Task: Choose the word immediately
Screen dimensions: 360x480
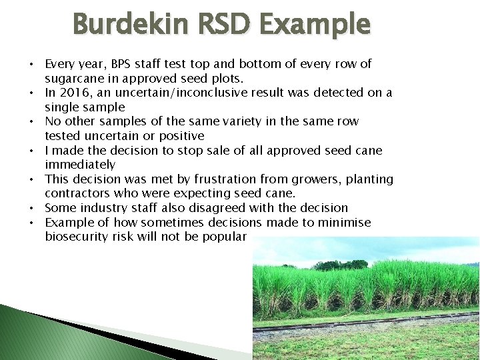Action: pyautogui.click(x=80, y=164)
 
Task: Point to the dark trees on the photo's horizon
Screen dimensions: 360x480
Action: pyautogui.click(x=340, y=265)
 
